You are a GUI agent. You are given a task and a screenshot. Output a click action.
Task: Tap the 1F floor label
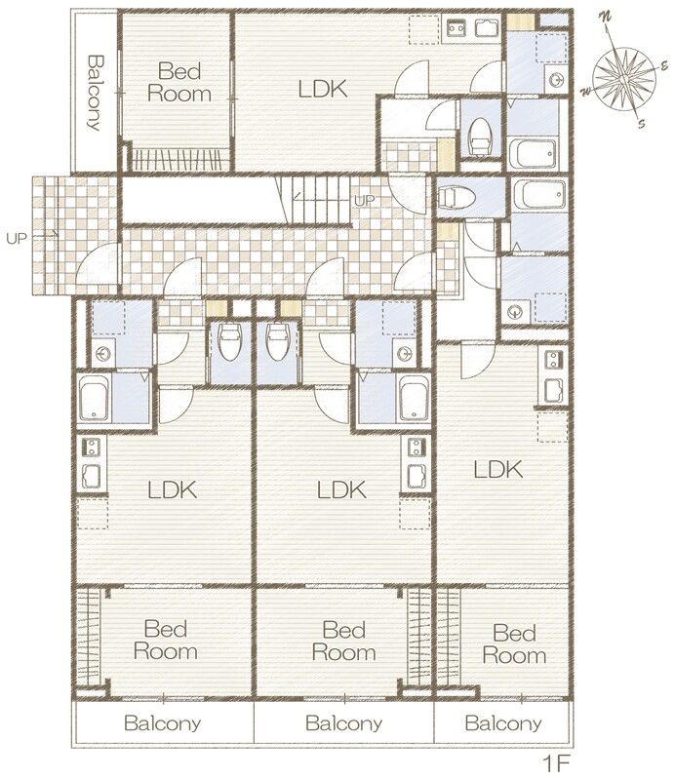point(555,763)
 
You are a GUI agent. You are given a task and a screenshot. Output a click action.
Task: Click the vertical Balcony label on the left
point(95,93)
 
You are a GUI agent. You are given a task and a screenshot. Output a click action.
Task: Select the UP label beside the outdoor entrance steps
point(16,238)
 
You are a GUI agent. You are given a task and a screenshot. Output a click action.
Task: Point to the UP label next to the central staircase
point(365,201)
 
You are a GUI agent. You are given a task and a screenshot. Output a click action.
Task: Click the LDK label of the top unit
point(323,89)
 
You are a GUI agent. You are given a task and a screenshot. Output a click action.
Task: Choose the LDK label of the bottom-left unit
point(173,490)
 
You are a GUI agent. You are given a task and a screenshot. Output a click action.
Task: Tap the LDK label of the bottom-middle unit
point(341,490)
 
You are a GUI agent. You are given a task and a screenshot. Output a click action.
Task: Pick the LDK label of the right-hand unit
point(497,470)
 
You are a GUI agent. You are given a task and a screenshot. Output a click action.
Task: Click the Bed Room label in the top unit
point(179,83)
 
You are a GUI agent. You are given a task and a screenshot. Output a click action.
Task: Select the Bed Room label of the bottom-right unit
point(514,644)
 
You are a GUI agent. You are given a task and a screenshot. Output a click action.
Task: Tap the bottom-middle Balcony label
point(343,722)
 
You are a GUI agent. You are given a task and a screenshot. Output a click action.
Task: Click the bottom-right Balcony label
point(502,722)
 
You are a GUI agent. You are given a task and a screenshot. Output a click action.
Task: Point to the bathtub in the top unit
point(533,154)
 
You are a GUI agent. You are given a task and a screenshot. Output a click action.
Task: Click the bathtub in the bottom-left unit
point(95,399)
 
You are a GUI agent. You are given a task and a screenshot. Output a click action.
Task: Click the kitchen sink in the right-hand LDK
point(553,390)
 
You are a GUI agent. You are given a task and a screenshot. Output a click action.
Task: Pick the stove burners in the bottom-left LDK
point(91,447)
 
